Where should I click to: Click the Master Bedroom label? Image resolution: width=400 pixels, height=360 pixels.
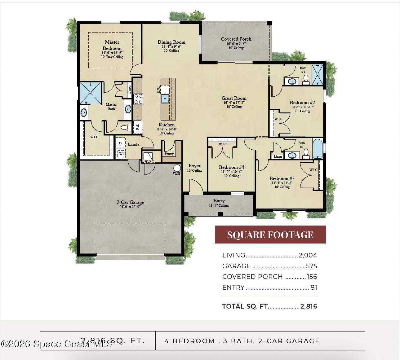point(112,45)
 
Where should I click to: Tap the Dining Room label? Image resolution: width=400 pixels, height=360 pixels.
point(171,42)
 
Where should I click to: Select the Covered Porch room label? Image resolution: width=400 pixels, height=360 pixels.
point(236,39)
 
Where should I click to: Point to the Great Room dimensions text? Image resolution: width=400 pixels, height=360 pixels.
point(234,103)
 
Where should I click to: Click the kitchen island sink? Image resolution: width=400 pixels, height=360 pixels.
point(165,99)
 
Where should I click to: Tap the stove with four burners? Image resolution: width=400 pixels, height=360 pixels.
point(138,99)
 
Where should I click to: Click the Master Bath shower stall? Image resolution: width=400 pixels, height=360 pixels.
point(91,93)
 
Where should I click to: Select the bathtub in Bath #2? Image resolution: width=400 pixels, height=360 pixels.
point(317,149)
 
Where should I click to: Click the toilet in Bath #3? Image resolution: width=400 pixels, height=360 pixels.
point(306,79)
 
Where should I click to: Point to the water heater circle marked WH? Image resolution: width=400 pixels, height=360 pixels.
point(177,168)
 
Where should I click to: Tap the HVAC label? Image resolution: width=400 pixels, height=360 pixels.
point(149,162)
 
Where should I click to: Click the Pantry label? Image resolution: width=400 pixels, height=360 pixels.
point(169,154)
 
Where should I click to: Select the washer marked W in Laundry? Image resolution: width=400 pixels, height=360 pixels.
point(121,153)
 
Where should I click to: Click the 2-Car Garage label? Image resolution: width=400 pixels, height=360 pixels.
point(130,202)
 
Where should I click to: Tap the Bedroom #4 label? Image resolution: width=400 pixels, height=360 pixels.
point(231,167)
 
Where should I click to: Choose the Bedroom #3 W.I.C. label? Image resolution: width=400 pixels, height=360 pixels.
point(313,170)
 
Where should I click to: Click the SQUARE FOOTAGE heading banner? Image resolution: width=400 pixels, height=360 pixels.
point(270,235)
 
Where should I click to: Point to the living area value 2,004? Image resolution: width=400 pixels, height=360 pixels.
point(308,255)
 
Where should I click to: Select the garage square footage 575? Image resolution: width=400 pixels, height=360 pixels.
point(311,266)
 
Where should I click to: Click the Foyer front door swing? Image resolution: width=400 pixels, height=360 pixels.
point(195,188)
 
